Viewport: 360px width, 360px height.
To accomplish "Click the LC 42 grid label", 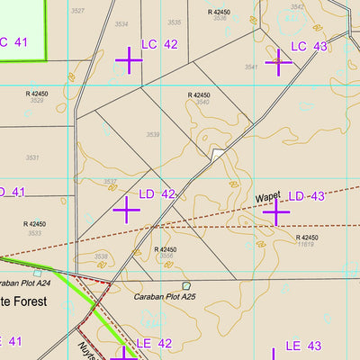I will tap(159, 44).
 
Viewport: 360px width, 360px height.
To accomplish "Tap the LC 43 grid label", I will tap(309, 46).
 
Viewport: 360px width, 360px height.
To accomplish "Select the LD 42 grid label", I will tap(157, 194).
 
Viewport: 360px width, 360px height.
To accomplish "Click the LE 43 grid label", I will tap(303, 346).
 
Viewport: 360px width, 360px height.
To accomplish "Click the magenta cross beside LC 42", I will tap(129, 60).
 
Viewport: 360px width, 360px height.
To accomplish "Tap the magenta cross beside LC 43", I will tap(279, 61).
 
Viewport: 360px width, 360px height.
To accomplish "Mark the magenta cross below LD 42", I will tap(126, 211).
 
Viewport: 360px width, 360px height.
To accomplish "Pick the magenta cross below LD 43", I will tap(276, 211).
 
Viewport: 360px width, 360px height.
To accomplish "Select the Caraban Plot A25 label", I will tap(156, 296).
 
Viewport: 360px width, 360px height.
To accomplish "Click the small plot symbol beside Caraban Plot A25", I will tap(186, 286).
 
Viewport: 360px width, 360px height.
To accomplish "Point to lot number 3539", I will tap(153, 135).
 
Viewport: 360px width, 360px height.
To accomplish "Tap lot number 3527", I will tap(78, 11).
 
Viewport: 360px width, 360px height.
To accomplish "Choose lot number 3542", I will tap(297, 7).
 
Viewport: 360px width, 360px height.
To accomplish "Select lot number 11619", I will tap(305, 244).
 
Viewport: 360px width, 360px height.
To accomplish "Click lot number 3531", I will tap(32, 157).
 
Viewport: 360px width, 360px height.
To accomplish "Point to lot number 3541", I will tap(251, 67).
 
